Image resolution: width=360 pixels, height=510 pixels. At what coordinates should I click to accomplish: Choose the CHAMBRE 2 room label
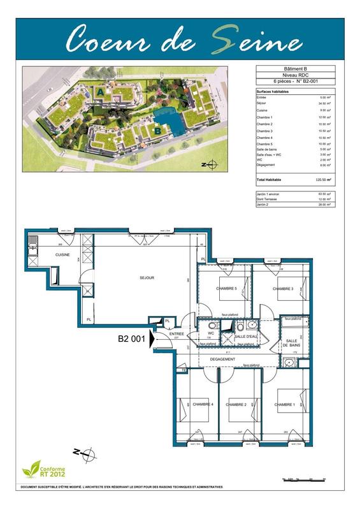point(236,404)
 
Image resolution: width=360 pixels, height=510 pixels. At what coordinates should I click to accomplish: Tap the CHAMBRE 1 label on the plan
point(285,404)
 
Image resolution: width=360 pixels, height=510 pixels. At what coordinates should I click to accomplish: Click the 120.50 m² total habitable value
point(326,180)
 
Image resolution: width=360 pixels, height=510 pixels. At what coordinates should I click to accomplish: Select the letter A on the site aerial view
point(101,93)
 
